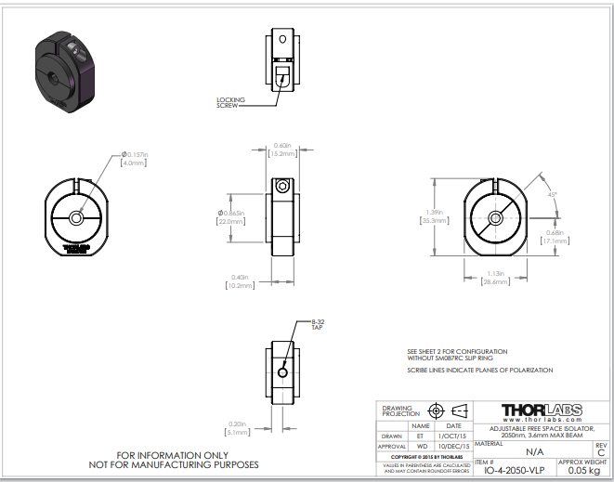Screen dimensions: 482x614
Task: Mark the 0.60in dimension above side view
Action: [x=282, y=148]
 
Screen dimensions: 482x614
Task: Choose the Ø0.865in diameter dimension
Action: [x=230, y=216]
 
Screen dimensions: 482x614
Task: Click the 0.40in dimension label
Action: [x=240, y=281]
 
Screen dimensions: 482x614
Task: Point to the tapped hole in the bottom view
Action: [x=282, y=372]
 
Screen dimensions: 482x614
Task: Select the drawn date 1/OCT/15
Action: [x=453, y=436]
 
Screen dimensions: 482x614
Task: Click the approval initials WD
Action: [x=422, y=446]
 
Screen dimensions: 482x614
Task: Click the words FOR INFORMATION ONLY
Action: [x=174, y=455]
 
